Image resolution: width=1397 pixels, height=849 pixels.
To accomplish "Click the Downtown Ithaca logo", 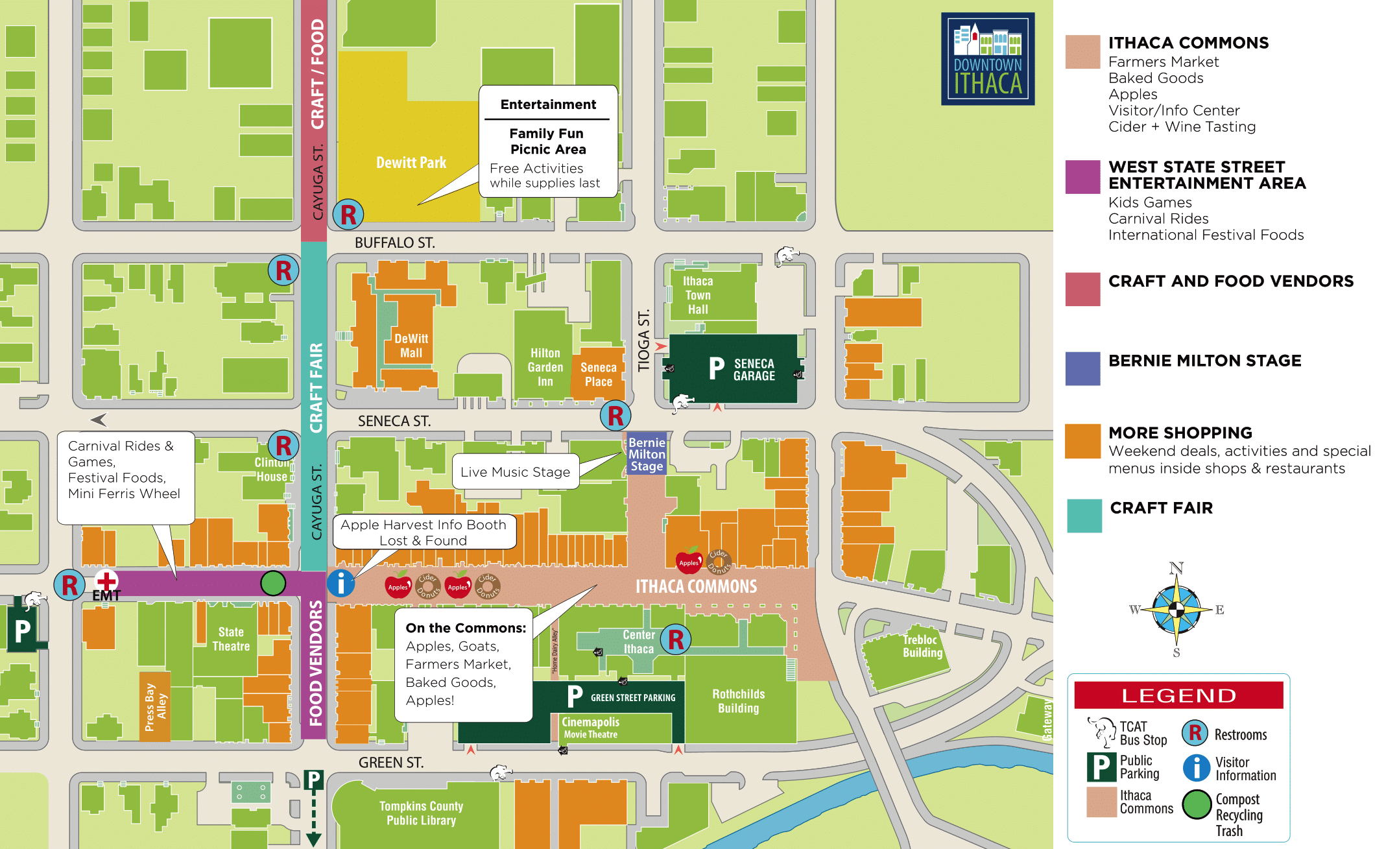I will pyautogui.click(x=987, y=59).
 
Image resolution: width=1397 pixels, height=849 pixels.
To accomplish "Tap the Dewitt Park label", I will pyautogui.click(x=411, y=163).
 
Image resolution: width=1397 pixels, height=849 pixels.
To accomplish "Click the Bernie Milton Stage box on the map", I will pyautogui.click(x=647, y=454).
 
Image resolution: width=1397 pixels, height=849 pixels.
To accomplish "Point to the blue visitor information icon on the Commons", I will pyautogui.click(x=340, y=583).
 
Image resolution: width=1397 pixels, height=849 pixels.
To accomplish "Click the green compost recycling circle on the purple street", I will pyautogui.click(x=273, y=583).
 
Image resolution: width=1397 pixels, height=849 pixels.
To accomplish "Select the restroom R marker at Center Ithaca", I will pyautogui.click(x=676, y=640).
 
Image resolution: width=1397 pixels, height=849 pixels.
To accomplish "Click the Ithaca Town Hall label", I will pyautogui.click(x=698, y=295).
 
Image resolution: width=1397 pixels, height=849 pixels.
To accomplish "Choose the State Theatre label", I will pyautogui.click(x=231, y=639).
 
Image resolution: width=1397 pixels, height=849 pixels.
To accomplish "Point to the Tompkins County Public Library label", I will pyautogui.click(x=421, y=813).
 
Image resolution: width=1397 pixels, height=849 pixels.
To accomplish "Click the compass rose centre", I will pyautogui.click(x=1176, y=610).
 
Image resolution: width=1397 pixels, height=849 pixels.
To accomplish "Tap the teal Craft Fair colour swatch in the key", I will pyautogui.click(x=1084, y=516).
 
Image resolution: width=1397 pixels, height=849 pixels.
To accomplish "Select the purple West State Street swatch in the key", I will pyautogui.click(x=1082, y=177).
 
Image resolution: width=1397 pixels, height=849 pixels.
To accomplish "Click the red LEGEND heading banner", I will pyautogui.click(x=1178, y=695).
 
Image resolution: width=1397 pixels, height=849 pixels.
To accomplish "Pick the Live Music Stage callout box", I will pyautogui.click(x=515, y=472).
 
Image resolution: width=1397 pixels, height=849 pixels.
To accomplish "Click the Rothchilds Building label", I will pyautogui.click(x=738, y=701).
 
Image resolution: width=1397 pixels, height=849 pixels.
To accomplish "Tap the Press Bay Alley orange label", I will pyautogui.click(x=155, y=707).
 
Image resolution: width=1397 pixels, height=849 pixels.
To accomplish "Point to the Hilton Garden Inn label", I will pyautogui.click(x=545, y=367).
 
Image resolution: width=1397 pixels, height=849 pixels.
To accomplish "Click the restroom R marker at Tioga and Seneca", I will pyautogui.click(x=615, y=416).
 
